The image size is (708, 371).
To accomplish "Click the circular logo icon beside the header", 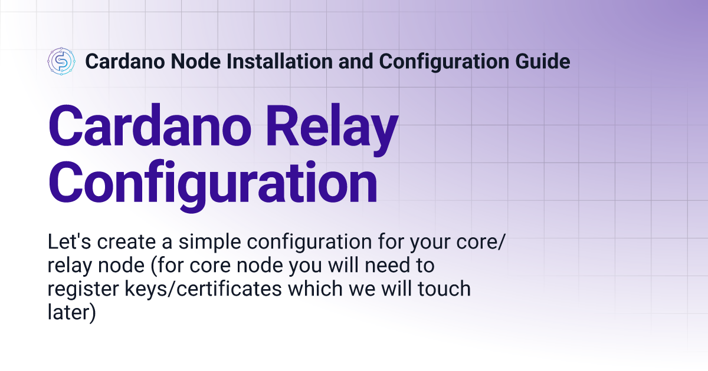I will [x=61, y=61].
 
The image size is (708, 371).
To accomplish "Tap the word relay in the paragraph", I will [x=67, y=266].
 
